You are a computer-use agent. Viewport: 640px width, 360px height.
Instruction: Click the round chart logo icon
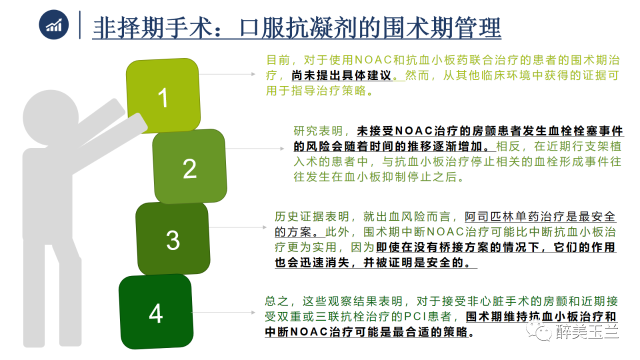coord(53,25)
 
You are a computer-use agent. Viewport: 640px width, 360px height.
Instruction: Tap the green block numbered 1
coord(163,95)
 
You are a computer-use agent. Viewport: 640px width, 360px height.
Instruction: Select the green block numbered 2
coord(189,166)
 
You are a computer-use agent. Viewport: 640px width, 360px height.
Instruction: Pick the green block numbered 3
coord(173,239)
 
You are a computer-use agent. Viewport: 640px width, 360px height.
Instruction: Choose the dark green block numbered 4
coord(156,311)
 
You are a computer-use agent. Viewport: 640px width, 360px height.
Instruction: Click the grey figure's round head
coord(50,117)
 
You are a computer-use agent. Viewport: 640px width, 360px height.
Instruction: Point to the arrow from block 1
coord(227,74)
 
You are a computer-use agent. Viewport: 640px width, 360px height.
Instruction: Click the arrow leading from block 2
coord(254,148)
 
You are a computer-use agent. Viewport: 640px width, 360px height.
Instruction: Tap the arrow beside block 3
coord(237,227)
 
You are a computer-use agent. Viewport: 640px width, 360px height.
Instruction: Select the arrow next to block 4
coord(223,312)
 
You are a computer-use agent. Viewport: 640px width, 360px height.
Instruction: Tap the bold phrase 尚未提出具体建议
coord(341,75)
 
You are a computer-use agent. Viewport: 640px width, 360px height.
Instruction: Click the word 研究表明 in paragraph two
coord(318,131)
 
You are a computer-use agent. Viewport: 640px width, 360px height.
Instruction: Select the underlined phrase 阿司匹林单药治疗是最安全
coord(540,216)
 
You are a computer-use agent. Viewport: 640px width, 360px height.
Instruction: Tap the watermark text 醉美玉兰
coord(587,332)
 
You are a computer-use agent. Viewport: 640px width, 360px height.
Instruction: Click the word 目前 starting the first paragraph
coord(278,60)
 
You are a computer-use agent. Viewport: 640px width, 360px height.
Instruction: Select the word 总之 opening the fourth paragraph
coord(276,301)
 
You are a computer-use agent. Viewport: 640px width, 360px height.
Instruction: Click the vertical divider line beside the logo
coord(79,25)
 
